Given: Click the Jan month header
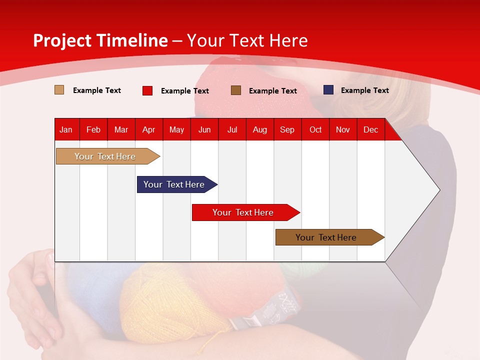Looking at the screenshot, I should [x=66, y=129].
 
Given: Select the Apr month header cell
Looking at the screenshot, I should [x=148, y=129].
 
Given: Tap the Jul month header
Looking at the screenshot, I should [x=232, y=129].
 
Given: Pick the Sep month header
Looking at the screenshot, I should [x=287, y=129].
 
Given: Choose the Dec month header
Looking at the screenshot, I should [x=370, y=129].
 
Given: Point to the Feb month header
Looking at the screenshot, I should [x=93, y=129].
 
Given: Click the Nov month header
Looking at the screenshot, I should [x=343, y=129].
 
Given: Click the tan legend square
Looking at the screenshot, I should [x=59, y=90].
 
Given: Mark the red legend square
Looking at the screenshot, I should [x=147, y=90].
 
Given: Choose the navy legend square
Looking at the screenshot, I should [x=328, y=90].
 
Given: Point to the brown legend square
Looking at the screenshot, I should [x=236, y=90].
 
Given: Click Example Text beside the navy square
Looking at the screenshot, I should [x=364, y=90].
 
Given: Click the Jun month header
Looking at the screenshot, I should [x=204, y=129].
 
